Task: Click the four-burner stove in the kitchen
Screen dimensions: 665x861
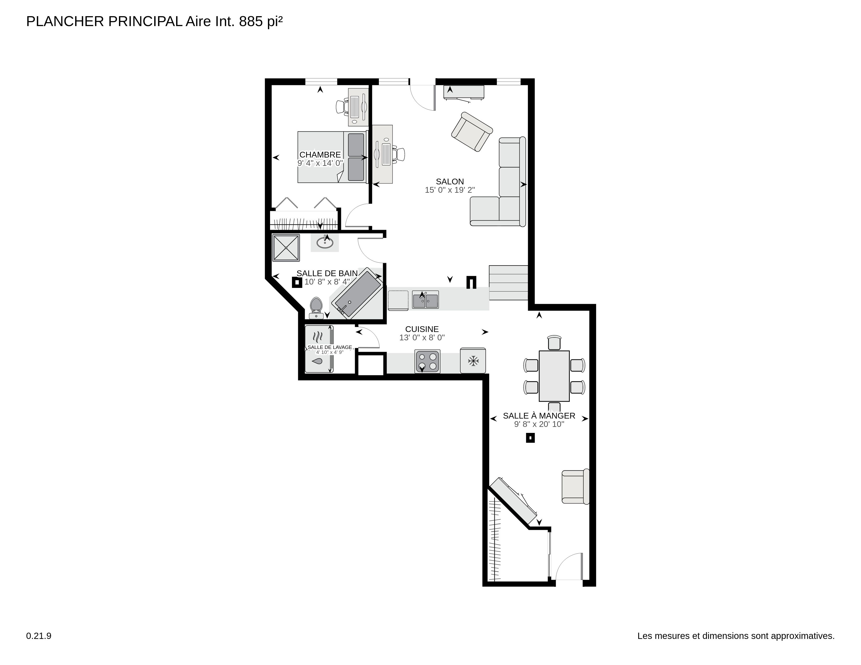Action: click(x=427, y=361)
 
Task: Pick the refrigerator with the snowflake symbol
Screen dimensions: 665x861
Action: click(x=473, y=360)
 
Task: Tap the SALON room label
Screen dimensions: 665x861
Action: click(x=450, y=182)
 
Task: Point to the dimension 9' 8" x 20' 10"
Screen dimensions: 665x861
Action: click(x=539, y=424)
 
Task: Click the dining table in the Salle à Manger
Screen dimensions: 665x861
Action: click(x=554, y=376)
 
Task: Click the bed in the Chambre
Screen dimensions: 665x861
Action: click(x=331, y=157)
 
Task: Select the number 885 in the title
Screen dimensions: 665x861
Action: click(x=251, y=22)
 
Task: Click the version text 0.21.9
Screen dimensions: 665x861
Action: click(x=39, y=636)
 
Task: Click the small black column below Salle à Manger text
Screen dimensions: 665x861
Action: click(x=530, y=438)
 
